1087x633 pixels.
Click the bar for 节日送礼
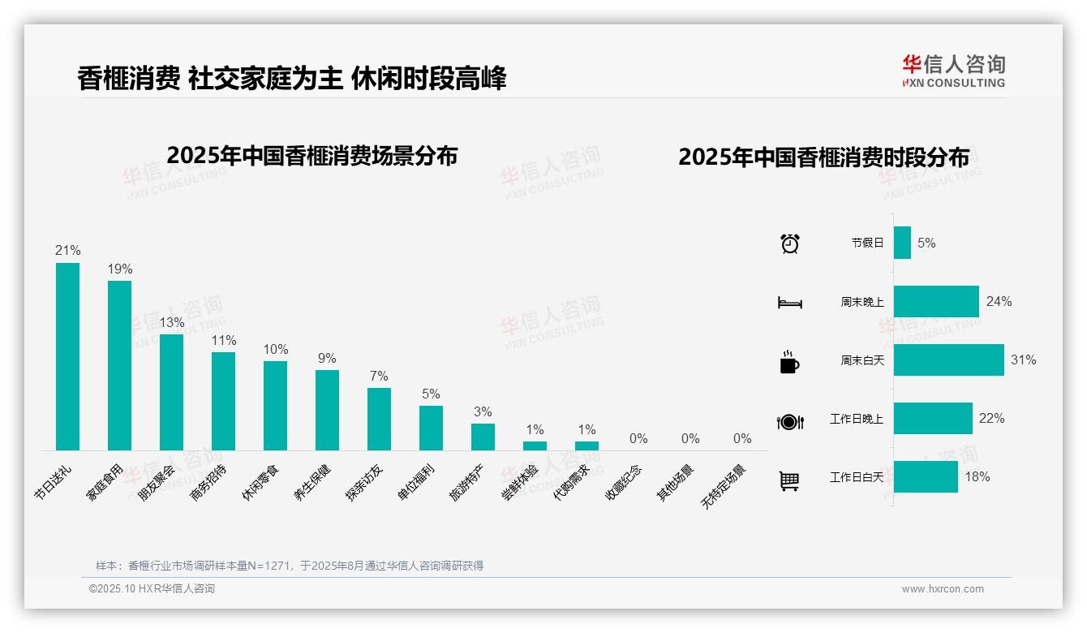click(67, 356)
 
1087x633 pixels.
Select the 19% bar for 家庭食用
click(119, 365)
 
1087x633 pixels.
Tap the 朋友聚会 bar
click(171, 392)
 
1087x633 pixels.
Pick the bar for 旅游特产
click(483, 437)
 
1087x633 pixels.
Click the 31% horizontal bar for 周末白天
click(948, 360)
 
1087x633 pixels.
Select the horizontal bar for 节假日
click(902, 243)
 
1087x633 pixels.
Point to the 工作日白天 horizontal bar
click(926, 476)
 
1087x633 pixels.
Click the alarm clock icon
click(789, 243)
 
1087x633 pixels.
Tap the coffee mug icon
click(789, 362)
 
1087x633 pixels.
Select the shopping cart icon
click(789, 480)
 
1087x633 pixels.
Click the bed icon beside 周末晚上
click(789, 303)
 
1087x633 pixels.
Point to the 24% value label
click(999, 302)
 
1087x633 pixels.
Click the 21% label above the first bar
click(67, 251)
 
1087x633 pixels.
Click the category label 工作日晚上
click(856, 419)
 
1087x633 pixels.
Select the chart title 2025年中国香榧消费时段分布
click(823, 157)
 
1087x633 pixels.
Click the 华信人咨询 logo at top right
click(953, 71)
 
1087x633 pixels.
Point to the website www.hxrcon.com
click(943, 589)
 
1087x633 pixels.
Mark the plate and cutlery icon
click(789, 421)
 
